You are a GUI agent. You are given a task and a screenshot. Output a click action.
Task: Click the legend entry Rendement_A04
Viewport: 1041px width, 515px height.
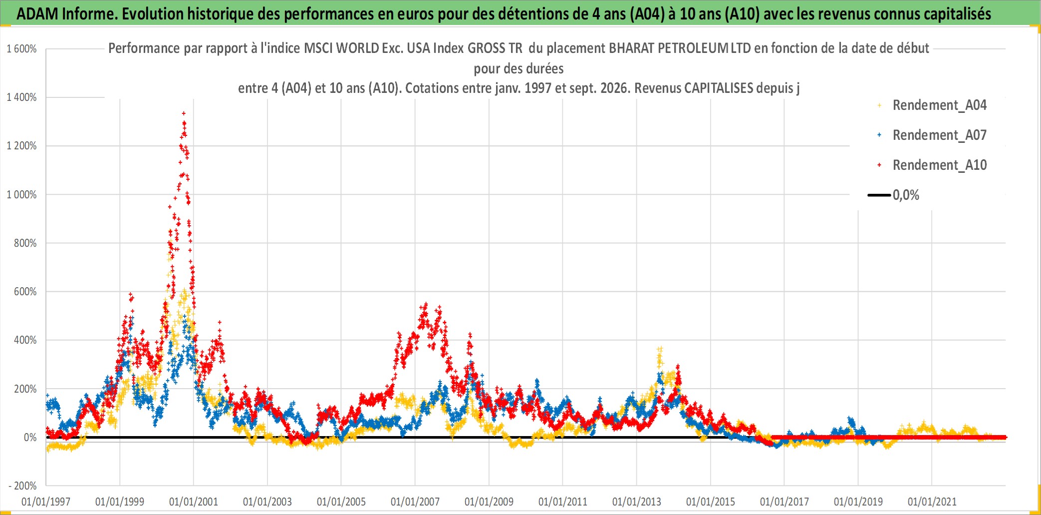coord(939,105)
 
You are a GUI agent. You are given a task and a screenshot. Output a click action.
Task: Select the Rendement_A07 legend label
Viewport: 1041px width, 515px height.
coord(939,135)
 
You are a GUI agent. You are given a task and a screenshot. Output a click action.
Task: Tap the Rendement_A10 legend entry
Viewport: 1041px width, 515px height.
coord(939,165)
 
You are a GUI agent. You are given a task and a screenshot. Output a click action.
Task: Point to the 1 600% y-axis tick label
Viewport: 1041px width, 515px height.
coord(21,49)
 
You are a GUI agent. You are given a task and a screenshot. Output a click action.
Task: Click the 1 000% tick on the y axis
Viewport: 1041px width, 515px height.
coord(21,195)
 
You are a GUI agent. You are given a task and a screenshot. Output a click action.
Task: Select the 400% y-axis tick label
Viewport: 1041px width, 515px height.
coord(25,340)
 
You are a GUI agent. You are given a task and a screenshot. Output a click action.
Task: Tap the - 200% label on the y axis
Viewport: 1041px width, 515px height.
coord(22,486)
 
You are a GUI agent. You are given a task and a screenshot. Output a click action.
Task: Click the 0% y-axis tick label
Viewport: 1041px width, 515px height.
coord(30,438)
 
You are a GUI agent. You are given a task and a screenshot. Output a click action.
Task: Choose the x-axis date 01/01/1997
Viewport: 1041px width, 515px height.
coord(46,502)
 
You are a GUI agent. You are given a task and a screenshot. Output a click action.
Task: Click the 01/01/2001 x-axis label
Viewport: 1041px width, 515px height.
coord(194,502)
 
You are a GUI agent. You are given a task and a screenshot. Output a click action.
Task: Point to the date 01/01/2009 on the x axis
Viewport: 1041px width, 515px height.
coord(489,502)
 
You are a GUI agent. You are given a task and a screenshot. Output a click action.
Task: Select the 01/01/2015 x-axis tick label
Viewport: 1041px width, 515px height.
coord(711,502)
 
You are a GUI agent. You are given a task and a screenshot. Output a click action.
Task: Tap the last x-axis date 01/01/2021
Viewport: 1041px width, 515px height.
coord(932,502)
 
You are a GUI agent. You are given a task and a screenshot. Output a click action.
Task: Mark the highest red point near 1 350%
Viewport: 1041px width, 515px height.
coord(184,113)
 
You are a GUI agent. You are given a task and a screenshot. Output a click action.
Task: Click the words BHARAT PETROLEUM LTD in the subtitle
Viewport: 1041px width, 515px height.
coord(680,48)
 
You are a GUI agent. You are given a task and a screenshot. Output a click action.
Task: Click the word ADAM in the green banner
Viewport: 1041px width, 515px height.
coord(38,14)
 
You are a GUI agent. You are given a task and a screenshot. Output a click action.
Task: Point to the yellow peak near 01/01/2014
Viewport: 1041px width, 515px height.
coord(660,349)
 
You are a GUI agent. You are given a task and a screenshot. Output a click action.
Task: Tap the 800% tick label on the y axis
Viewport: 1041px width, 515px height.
coord(25,243)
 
